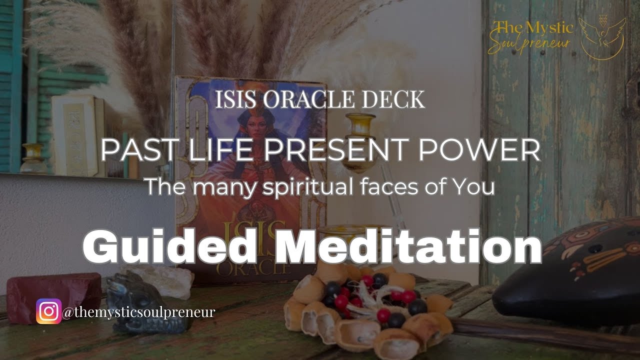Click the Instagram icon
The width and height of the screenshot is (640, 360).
pos(48,311)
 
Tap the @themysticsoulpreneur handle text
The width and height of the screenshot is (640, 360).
pos(139,312)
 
